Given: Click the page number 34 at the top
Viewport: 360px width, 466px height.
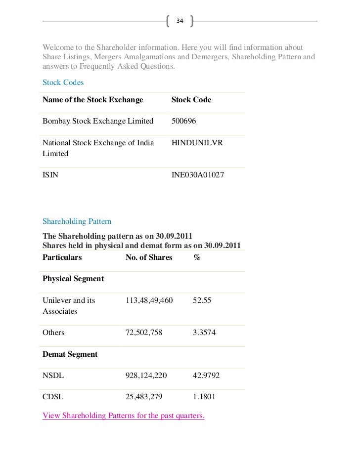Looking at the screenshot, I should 180,21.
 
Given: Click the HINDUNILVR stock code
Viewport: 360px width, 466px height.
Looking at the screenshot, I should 197,143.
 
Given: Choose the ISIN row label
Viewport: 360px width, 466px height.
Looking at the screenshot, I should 50,175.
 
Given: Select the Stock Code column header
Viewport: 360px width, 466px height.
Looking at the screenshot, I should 191,100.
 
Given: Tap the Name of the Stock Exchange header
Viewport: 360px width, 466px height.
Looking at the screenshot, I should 92,100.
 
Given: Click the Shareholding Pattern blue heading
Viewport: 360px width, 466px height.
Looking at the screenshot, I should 77,221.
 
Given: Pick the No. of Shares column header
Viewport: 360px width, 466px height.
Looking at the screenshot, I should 149,257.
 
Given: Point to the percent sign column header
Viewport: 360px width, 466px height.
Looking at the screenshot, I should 196,257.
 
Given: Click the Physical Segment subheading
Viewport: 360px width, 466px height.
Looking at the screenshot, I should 73,279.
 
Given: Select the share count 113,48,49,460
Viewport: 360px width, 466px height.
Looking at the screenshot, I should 149,300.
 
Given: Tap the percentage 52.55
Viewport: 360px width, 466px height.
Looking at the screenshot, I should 202,300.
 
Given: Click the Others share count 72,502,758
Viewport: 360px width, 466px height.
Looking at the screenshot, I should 144,333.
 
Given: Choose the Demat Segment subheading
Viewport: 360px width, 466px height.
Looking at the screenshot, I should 70,354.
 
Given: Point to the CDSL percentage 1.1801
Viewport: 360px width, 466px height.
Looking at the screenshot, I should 204,397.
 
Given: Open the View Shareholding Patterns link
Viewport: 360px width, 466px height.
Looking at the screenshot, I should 124,416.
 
